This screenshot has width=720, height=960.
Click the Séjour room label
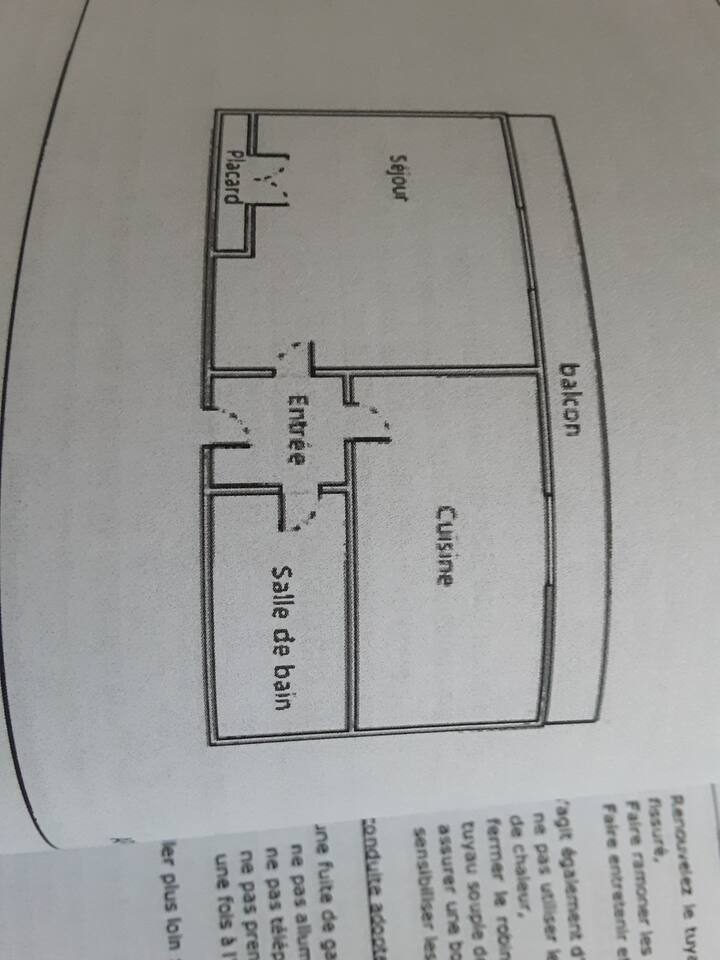pyautogui.click(x=399, y=178)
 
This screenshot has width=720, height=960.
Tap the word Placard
pyautogui.click(x=232, y=176)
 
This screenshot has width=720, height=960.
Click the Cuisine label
pyautogui.click(x=445, y=546)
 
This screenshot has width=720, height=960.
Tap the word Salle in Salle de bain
pyautogui.click(x=283, y=590)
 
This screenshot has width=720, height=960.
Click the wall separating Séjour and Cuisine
pyautogui.click(x=440, y=367)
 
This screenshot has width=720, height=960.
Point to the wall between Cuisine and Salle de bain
pyautogui.click(x=353, y=600)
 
